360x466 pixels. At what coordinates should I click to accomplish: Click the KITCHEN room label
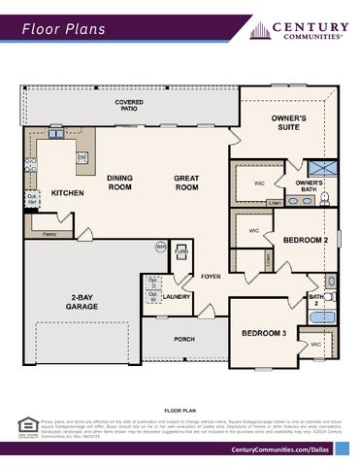point(67,193)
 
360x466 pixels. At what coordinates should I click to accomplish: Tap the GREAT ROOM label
point(185,183)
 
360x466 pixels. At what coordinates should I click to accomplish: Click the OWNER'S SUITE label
point(288,122)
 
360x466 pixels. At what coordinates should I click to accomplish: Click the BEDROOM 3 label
point(263,333)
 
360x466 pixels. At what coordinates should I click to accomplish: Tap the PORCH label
point(184,339)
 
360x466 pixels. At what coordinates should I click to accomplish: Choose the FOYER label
point(211,275)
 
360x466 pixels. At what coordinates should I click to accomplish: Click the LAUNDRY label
point(177,297)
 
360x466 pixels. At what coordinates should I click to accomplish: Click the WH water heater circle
point(160,247)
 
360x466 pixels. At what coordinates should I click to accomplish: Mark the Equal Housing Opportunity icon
point(25,424)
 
